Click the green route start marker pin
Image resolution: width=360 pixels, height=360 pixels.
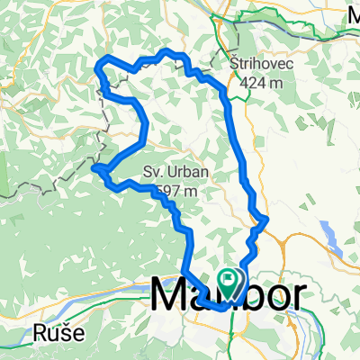point(228,283)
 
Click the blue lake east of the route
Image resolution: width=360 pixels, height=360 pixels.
point(332,237)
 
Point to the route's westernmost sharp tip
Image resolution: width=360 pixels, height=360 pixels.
point(94,166)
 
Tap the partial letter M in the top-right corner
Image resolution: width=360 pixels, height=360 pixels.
point(353,13)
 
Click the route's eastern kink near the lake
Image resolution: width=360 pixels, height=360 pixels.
point(266,218)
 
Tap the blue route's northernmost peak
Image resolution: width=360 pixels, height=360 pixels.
point(166,52)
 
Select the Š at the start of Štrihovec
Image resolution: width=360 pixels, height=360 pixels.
point(235,66)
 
